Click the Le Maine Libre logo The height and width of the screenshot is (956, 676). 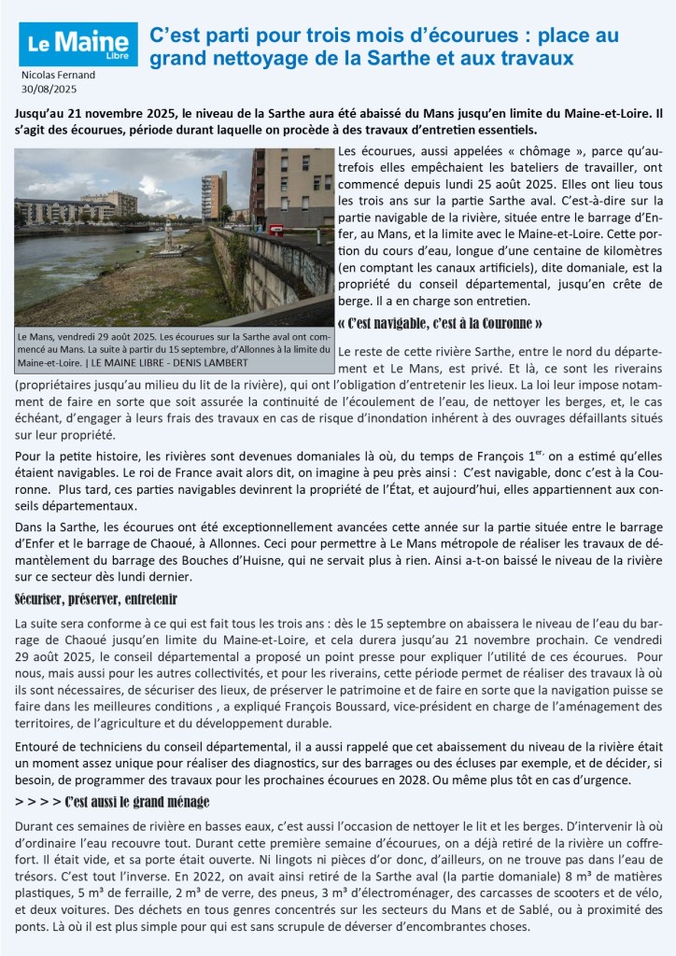(77, 44)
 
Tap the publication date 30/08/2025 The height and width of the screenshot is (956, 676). (48, 89)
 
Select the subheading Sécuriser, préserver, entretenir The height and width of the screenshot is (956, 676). (97, 597)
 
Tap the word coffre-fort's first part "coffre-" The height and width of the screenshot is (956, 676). (635, 842)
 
